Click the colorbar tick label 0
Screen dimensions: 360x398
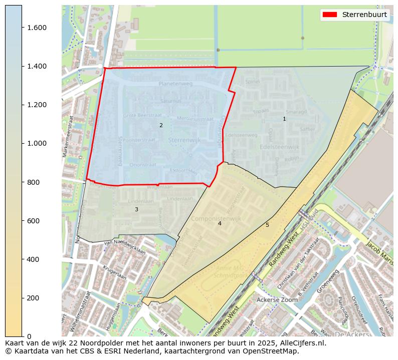[29, 336]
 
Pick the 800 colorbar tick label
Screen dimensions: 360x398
[34, 182]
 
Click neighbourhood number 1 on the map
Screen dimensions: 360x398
[284, 119]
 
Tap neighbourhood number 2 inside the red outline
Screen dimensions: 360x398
[161, 125]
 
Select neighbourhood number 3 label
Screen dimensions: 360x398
[136, 209]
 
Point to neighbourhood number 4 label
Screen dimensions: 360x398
[220, 223]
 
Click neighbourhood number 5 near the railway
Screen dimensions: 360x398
[267, 225]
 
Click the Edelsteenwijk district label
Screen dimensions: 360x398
[279, 147]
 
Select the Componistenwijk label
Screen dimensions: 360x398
[220, 219]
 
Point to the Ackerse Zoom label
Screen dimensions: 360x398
[277, 299]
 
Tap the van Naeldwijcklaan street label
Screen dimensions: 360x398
[124, 247]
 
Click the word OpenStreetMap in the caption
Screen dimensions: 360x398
[274, 351]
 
